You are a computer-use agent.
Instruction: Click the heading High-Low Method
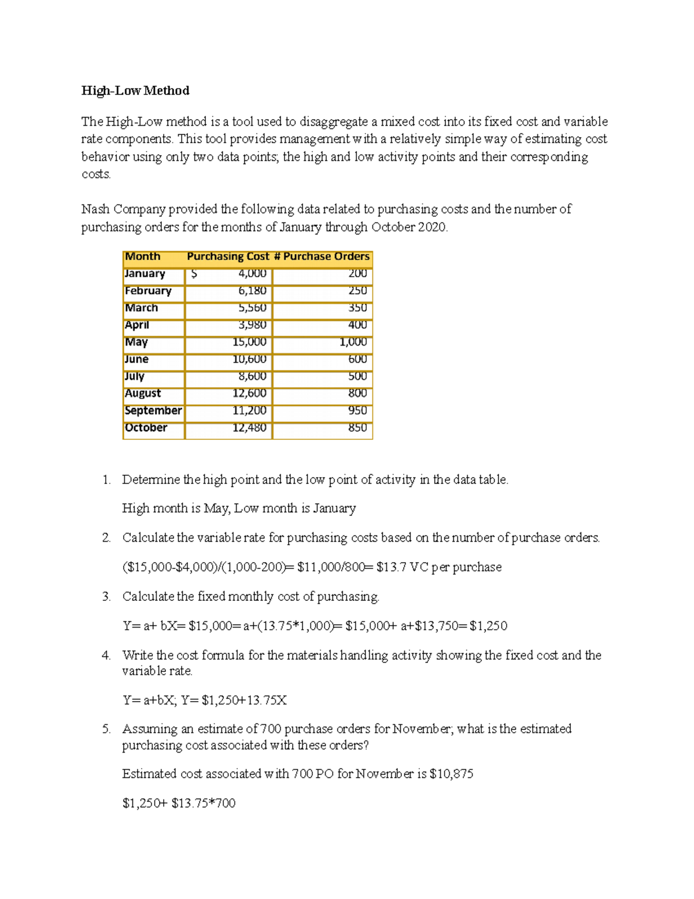135,90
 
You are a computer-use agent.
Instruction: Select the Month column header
142,256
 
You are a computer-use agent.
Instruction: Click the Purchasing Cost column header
228,256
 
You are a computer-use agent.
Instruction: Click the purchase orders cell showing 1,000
353,342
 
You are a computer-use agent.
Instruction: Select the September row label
153,410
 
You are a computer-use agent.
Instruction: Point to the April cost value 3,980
252,325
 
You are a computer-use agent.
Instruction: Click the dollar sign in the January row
194,274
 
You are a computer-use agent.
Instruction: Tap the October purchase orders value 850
357,428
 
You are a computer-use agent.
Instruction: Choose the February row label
148,291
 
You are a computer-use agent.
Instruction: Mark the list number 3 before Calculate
106,597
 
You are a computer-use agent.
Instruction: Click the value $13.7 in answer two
391,567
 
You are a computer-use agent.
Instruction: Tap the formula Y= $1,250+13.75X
234,700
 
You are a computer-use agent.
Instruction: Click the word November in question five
421,729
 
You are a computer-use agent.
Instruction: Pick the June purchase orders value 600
357,359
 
